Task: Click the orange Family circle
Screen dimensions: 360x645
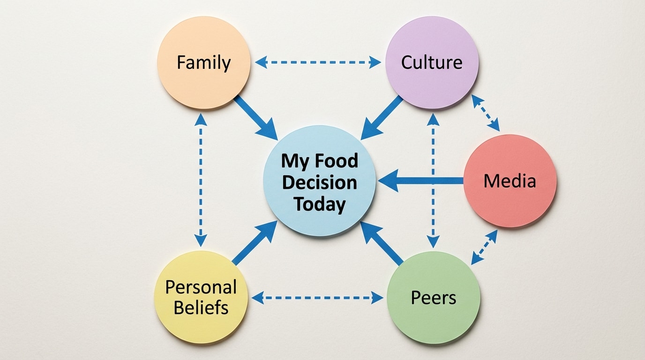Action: [203, 63]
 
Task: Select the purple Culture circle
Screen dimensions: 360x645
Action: [432, 63]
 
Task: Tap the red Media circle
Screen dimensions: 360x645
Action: [510, 181]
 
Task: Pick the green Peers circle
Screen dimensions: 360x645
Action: [433, 297]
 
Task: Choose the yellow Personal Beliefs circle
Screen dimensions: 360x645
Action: [201, 297]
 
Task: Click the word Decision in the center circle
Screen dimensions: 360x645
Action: [320, 183]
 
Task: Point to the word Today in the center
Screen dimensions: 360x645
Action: [320, 204]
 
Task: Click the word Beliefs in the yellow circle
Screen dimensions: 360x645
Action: [201, 308]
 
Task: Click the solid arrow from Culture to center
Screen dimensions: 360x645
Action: [382, 119]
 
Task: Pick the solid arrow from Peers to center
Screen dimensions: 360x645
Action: [382, 243]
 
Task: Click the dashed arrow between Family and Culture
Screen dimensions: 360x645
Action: [318, 62]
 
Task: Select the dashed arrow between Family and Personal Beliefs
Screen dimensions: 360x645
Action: [201, 180]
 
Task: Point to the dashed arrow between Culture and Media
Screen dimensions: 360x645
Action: [486, 112]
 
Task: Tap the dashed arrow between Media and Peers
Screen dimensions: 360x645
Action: [484, 247]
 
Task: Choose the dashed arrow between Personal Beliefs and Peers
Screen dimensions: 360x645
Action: [317, 297]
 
